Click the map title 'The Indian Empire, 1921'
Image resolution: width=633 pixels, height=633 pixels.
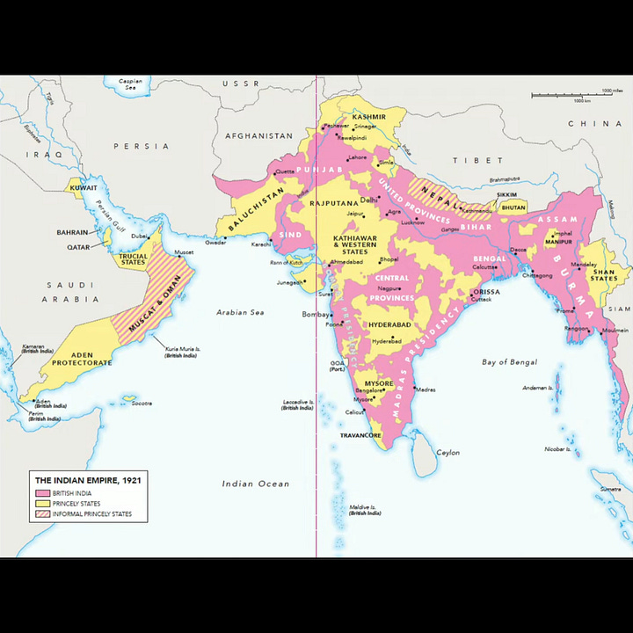coord(87,480)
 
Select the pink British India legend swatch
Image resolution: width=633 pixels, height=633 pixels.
coord(42,493)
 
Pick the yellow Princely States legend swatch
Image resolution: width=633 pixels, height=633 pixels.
coord(42,504)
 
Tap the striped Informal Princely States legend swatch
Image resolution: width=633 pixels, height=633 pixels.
coord(42,514)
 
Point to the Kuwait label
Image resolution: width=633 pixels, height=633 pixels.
coord(84,187)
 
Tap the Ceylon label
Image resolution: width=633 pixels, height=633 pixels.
coord(448,453)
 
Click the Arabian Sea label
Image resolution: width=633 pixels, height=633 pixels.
coord(240,312)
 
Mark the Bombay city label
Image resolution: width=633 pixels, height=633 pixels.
coord(314,314)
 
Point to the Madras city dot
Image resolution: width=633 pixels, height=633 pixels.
coord(411,388)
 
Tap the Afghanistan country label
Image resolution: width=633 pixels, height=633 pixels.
coord(258,136)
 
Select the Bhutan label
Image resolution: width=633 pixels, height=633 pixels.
coord(513,207)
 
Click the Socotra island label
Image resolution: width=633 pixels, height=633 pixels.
coord(142,403)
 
